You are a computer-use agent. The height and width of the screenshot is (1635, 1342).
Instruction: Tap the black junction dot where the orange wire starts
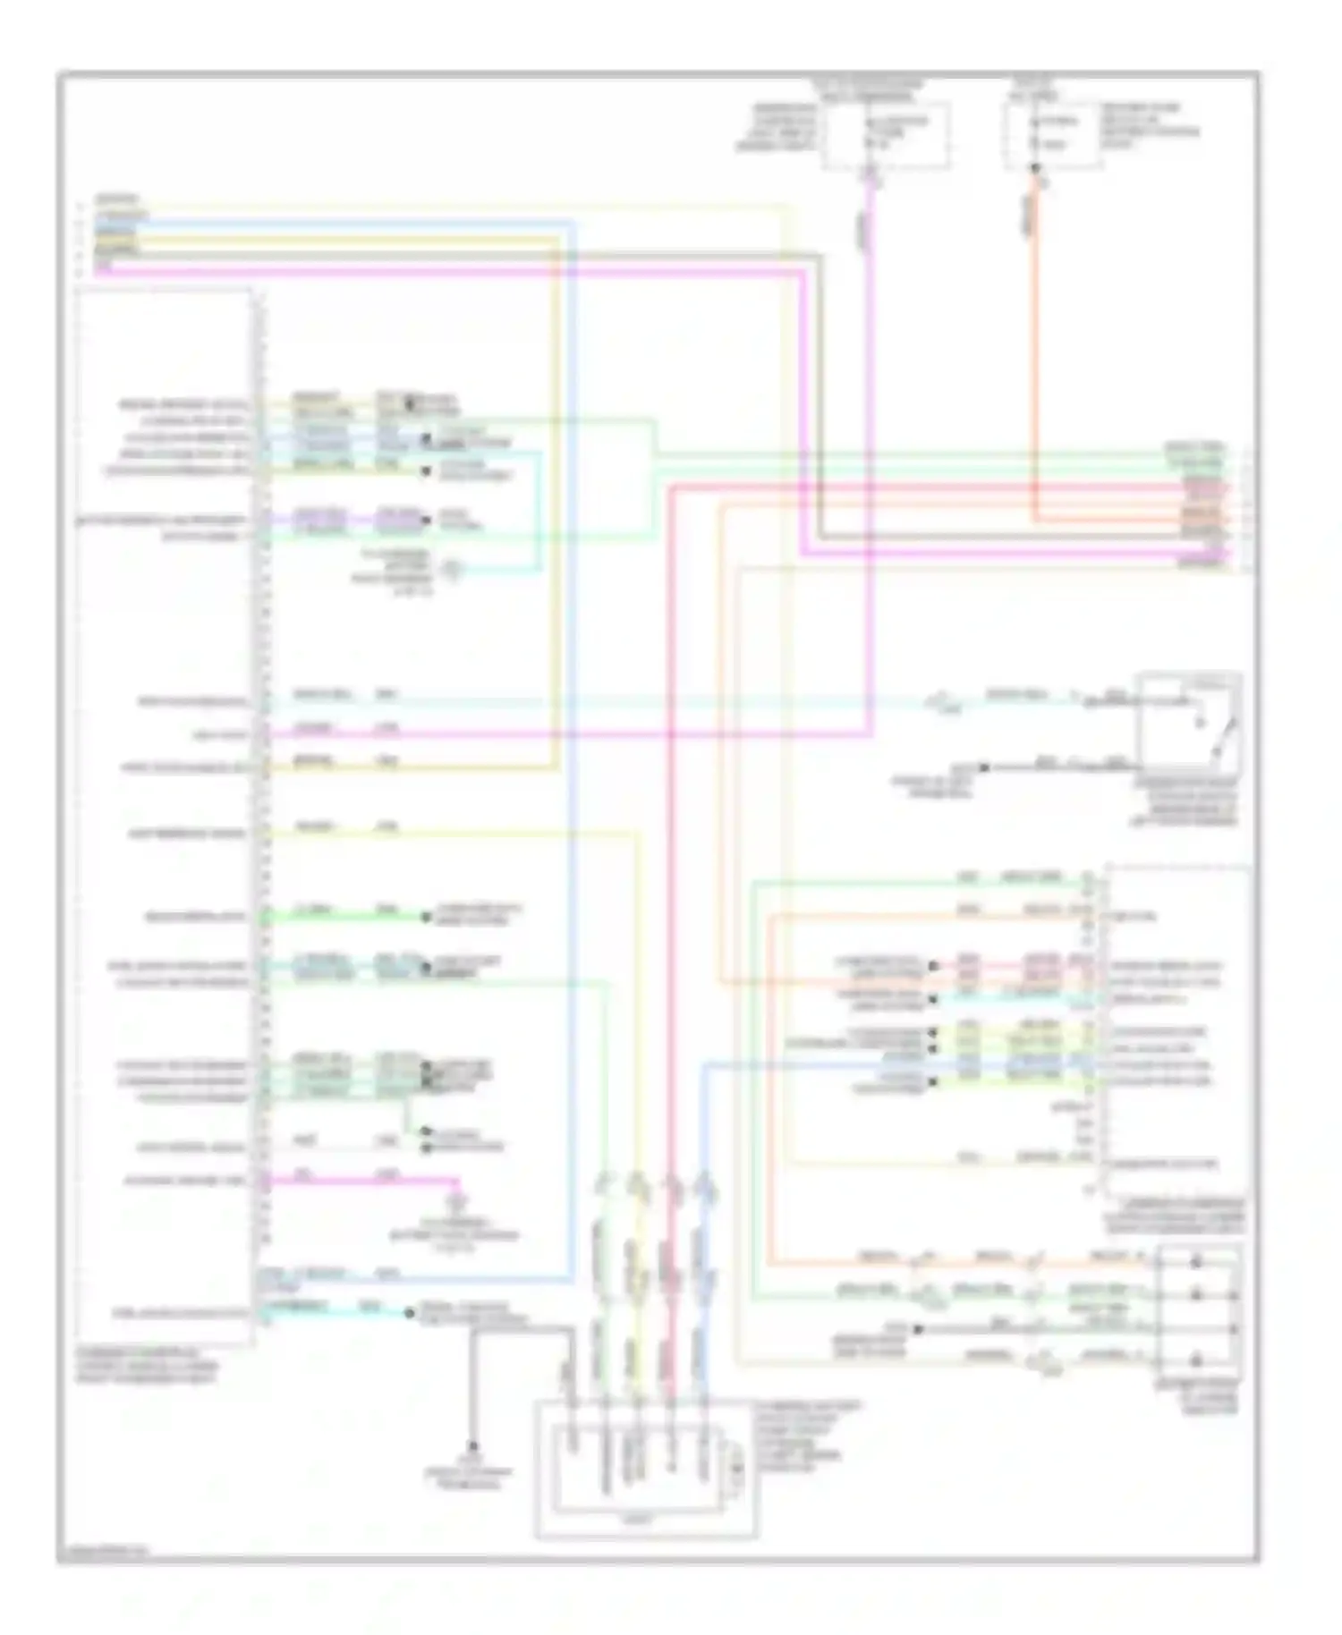pyautogui.click(x=1035, y=168)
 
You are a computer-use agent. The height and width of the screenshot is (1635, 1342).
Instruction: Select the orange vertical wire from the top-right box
pyautogui.click(x=1035, y=358)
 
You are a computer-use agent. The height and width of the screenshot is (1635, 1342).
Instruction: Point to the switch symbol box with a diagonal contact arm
pyautogui.click(x=1188, y=721)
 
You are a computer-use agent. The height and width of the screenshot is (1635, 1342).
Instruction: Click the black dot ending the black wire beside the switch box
pyautogui.click(x=983, y=767)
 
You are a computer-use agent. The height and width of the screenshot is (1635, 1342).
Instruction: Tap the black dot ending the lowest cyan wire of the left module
pyautogui.click(x=409, y=1313)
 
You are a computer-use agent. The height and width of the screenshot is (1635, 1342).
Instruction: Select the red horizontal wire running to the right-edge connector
pyautogui.click(x=939, y=486)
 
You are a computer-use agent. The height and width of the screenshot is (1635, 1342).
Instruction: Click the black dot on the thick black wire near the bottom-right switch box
pyautogui.click(x=918, y=1329)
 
